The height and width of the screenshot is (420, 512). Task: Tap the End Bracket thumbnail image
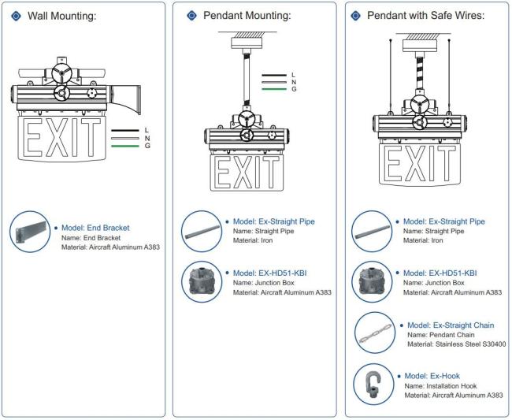(32, 236)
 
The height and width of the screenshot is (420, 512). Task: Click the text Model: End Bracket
(95, 228)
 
